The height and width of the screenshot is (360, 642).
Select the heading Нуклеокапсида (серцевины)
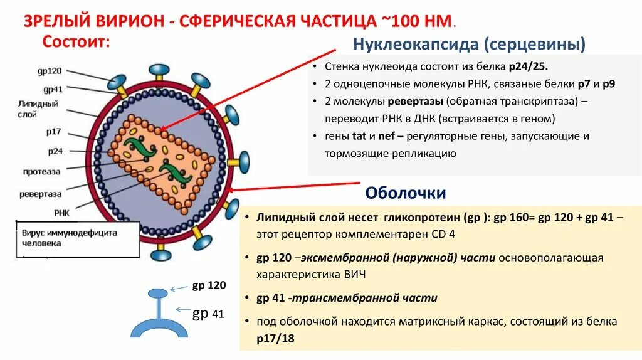[470, 45]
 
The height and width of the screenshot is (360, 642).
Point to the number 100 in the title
[410, 20]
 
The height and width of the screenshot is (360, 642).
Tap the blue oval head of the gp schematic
[157, 293]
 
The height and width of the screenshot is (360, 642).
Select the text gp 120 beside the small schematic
[209, 286]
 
